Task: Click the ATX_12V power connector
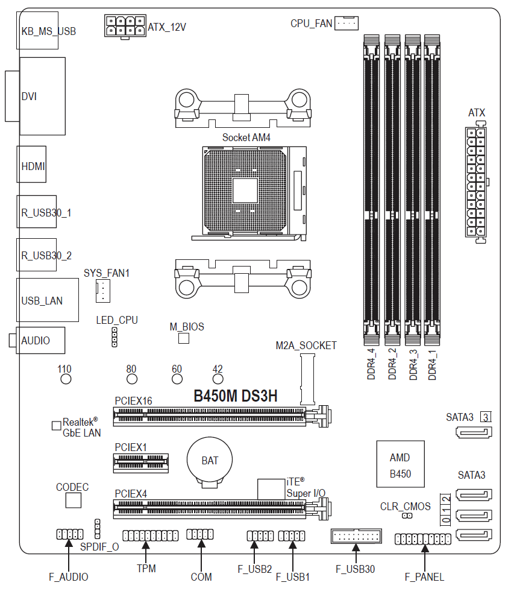point(125,26)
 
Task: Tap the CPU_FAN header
point(346,23)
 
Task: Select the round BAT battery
point(210,462)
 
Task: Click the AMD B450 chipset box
point(401,464)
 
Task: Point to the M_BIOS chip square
point(184,338)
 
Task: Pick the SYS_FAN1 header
point(102,291)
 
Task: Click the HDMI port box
point(31,164)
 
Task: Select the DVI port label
point(29,96)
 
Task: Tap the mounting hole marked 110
point(66,379)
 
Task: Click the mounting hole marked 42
point(218,379)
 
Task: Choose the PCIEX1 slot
point(141,463)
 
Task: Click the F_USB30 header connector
point(356,536)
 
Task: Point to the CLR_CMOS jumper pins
point(407,516)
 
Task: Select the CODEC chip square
point(74,500)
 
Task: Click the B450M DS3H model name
point(236,396)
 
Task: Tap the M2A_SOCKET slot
point(307,379)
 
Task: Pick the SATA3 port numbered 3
point(474,432)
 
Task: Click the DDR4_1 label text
point(432,365)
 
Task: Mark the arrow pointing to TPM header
point(146,551)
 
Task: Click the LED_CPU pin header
point(114,337)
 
